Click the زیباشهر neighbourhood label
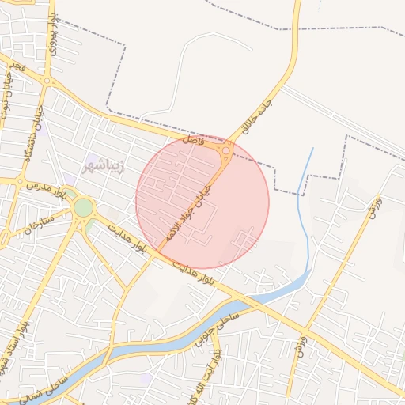[101, 167]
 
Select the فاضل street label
[195, 141]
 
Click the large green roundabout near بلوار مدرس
[82, 208]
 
